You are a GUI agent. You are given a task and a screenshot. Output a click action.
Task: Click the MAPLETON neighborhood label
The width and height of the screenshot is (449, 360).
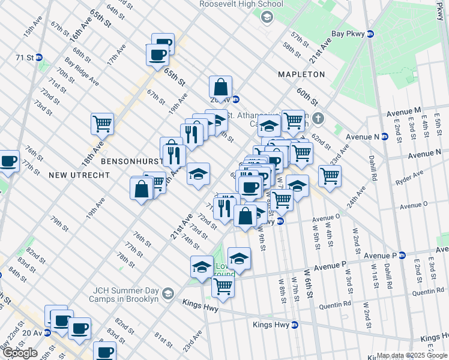[x=301, y=74]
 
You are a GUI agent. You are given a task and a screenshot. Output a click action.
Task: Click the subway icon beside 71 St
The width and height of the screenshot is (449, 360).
[x=39, y=58]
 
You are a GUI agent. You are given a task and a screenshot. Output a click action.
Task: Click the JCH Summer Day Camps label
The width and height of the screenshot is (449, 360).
[x=124, y=294]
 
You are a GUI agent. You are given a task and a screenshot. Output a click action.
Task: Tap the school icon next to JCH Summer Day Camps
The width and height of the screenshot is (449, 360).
[x=167, y=293]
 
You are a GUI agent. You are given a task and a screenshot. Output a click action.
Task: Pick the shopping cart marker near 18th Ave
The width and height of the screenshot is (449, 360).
[x=102, y=124]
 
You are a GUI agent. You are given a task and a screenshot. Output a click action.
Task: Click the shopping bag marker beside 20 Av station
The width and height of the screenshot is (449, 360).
[x=221, y=87]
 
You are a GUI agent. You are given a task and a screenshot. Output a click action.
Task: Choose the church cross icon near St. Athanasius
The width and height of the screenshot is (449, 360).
[x=319, y=118]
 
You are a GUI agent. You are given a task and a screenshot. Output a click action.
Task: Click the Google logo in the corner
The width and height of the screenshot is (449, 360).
[x=20, y=353]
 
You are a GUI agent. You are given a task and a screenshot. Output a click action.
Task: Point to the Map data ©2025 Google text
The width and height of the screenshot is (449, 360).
[x=411, y=355]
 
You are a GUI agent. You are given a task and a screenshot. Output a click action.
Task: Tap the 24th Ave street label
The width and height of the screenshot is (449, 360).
[x=360, y=196]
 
